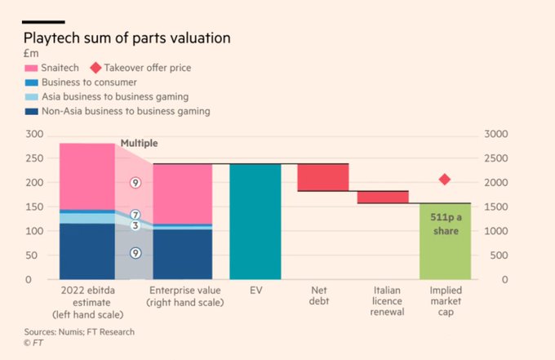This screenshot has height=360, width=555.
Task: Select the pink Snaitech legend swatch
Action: (x=31, y=68)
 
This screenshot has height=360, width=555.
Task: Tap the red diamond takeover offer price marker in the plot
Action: (x=445, y=180)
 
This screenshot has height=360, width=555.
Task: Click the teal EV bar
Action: (x=255, y=221)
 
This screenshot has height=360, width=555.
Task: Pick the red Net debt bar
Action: (x=322, y=177)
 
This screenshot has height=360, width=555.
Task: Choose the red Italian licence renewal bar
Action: (x=383, y=197)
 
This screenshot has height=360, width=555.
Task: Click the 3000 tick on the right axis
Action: (x=496, y=134)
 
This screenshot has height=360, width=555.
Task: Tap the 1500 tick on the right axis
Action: (x=496, y=207)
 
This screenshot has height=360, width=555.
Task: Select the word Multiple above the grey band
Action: (x=139, y=143)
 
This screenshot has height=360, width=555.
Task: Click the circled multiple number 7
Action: (x=136, y=215)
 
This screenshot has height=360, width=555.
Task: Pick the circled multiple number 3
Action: (x=136, y=225)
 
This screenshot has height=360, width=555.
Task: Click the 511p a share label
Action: (x=445, y=224)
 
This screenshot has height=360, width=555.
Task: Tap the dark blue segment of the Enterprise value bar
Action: (x=182, y=254)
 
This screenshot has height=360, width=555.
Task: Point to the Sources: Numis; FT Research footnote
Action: (x=79, y=331)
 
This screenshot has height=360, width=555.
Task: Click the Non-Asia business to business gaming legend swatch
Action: (x=31, y=111)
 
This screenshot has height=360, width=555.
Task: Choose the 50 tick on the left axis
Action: (x=37, y=256)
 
